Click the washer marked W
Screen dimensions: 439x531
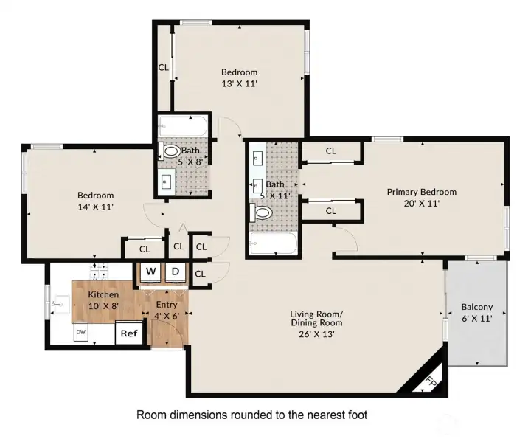[x=150, y=271]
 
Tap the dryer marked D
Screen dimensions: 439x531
[x=176, y=271]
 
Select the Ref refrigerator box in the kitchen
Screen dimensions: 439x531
[x=129, y=333]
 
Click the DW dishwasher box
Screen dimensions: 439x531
[x=80, y=333]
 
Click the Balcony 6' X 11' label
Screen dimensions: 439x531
[x=476, y=312]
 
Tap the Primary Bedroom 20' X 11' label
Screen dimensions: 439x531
[x=421, y=197]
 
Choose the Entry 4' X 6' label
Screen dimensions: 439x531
[x=166, y=310]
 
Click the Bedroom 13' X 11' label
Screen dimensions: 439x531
[x=240, y=77]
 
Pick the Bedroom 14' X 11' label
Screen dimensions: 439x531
[x=96, y=201]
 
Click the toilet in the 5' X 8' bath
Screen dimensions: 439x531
[x=171, y=151]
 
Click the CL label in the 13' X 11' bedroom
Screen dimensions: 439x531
[x=163, y=67]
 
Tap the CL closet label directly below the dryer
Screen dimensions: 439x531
[x=200, y=274]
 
